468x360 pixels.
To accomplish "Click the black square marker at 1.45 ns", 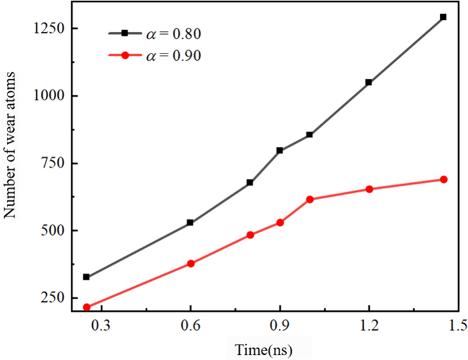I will click(x=443, y=17).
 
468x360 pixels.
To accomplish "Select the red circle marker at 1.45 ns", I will click(x=443, y=179).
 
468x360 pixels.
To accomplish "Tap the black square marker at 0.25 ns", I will click(x=86, y=277).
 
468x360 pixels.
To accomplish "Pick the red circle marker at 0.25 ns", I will click(x=86, y=307).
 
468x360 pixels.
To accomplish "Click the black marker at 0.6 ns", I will click(x=191, y=222).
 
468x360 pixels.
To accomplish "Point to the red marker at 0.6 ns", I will click(x=191, y=264).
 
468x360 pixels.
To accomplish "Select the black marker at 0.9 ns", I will click(x=279, y=150).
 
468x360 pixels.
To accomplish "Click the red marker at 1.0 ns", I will click(x=310, y=199).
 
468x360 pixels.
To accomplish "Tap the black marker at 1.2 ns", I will click(x=368, y=82).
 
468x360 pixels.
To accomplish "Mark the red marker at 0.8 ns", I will click(x=250, y=235).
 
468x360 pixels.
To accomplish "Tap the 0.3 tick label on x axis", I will click(x=102, y=325).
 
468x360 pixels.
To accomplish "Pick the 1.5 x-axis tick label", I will click(x=458, y=325).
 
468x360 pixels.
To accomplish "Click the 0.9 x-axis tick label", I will click(x=279, y=325).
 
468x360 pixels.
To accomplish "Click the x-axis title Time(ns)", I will click(x=263, y=349).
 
